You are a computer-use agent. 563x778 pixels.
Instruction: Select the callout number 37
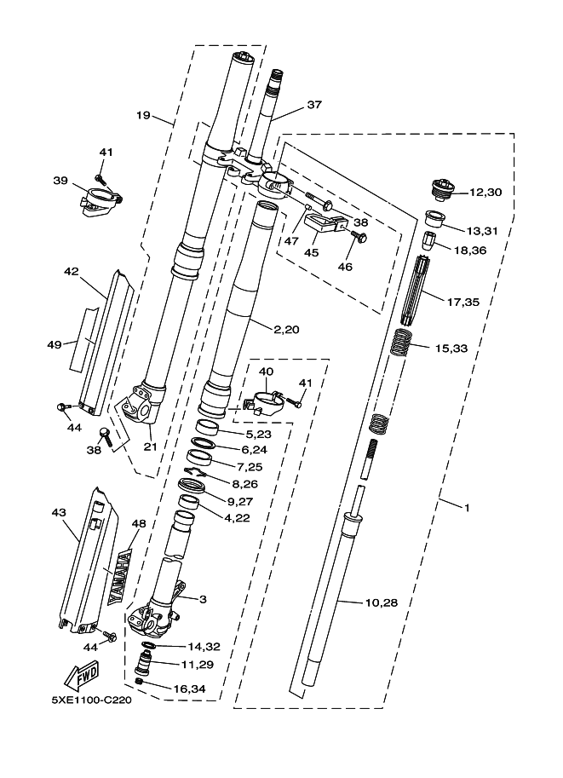tap(315, 105)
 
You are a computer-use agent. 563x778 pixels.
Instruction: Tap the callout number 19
tap(143, 113)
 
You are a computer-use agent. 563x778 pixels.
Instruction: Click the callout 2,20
tap(288, 329)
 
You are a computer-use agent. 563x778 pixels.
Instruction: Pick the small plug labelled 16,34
tap(141, 683)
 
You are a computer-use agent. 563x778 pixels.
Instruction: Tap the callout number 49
tap(55, 344)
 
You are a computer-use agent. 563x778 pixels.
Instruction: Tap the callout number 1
tap(467, 507)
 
